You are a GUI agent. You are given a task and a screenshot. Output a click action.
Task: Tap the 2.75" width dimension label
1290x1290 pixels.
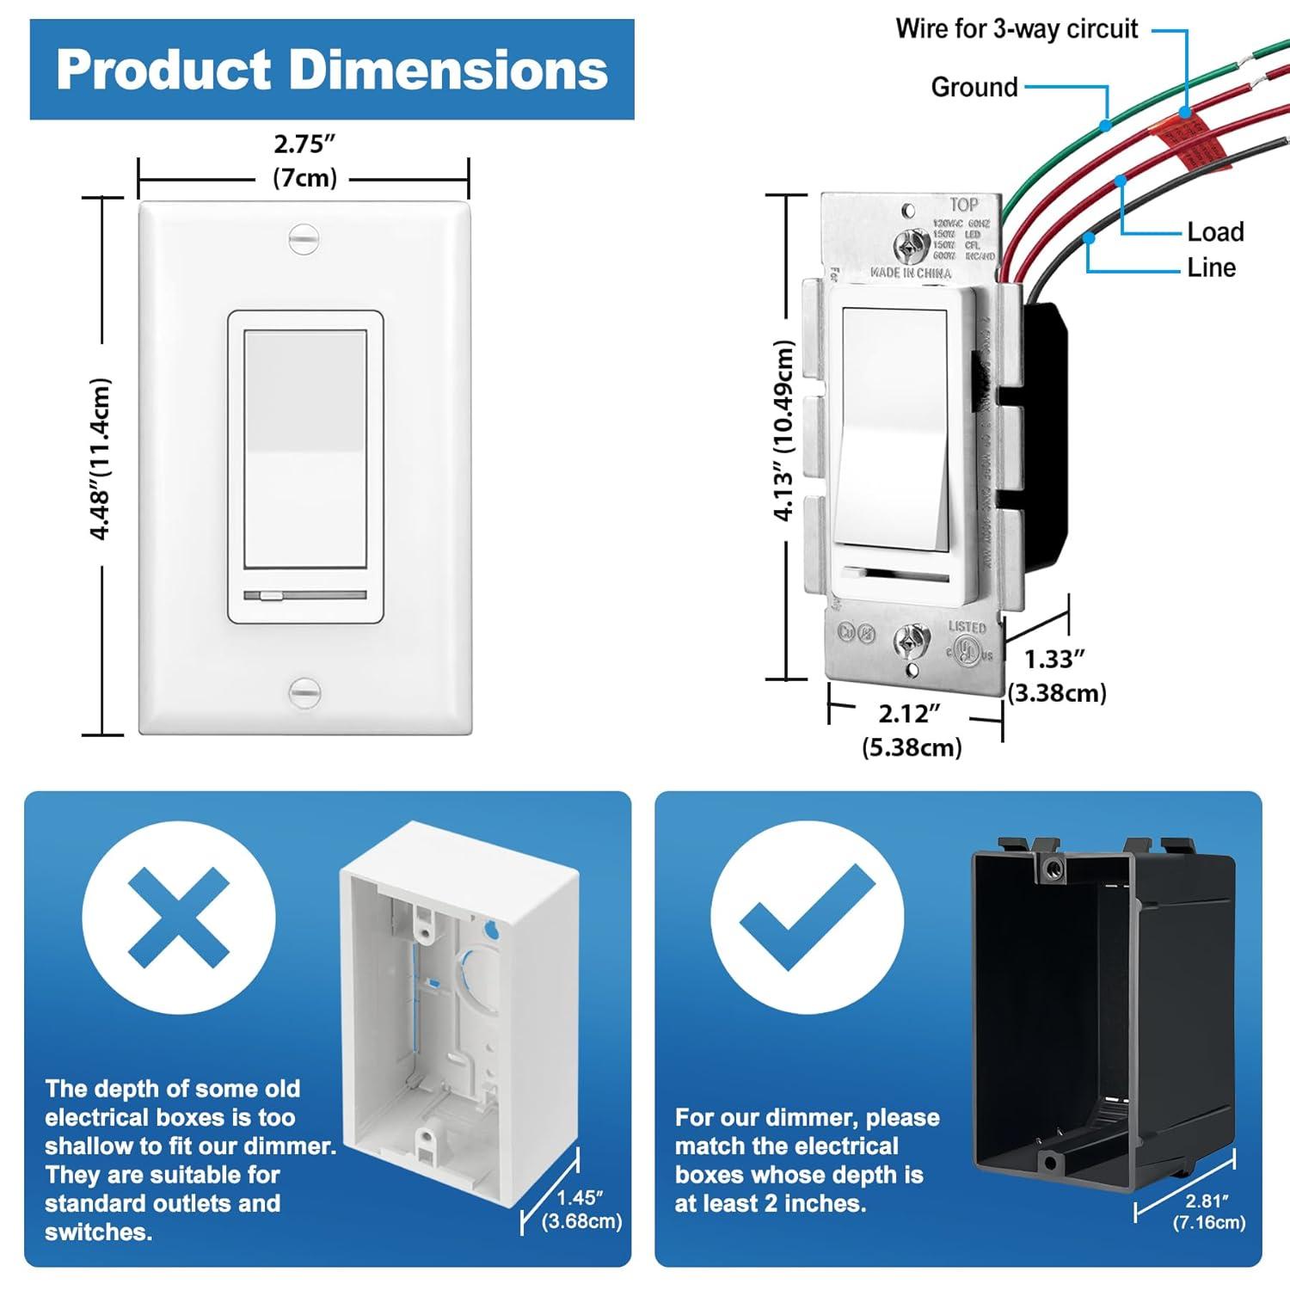[304, 144]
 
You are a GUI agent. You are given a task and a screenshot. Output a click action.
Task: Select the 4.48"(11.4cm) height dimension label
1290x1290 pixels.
[101, 458]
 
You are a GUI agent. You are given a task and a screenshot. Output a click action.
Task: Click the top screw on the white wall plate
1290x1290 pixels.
[304, 238]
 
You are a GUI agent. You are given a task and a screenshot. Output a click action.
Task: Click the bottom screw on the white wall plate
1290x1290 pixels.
[304, 692]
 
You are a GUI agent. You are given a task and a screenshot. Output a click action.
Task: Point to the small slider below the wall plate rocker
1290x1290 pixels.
[272, 595]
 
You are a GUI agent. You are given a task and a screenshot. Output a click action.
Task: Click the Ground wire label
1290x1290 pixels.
[974, 87]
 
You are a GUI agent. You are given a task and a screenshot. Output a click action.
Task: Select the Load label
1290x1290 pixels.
[1215, 232]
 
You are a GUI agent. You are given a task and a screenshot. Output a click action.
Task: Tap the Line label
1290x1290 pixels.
[1211, 268]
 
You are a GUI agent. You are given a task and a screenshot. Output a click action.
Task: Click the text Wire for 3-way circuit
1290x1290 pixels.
[1017, 29]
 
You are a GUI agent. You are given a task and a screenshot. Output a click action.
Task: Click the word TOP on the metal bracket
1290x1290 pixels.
[964, 205]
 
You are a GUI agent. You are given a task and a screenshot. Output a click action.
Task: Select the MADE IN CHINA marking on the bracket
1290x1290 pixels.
[910, 273]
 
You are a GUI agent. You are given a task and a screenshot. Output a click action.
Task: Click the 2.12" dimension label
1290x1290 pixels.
[909, 714]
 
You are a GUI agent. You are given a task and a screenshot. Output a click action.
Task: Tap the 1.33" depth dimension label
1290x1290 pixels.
[1054, 660]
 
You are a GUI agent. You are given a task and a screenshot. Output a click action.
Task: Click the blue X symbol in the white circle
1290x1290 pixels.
[179, 917]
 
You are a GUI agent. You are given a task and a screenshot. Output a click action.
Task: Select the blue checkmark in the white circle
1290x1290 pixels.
[807, 917]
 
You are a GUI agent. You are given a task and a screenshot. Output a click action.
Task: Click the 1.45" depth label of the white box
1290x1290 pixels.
[580, 1198]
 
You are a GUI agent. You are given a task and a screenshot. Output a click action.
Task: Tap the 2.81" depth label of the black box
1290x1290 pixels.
[1207, 1201]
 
